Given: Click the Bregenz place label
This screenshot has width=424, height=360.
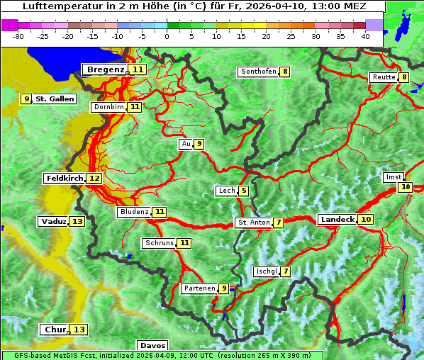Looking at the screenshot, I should pyautogui.click(x=106, y=69).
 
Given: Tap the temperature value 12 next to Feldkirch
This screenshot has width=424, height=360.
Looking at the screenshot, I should pyautogui.click(x=94, y=179).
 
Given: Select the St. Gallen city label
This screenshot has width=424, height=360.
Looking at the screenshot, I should pyautogui.click(x=55, y=99).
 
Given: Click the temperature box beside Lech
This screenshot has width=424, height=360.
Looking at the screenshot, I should pyautogui.click(x=243, y=191).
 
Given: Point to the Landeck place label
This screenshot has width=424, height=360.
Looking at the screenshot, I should pyautogui.click(x=337, y=220).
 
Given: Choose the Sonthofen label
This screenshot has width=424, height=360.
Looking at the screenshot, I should pyautogui.click(x=258, y=72).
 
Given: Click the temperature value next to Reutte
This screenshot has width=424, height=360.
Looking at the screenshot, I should pyautogui.click(x=403, y=77).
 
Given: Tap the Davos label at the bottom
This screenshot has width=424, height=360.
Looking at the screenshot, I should pyautogui.click(x=152, y=345).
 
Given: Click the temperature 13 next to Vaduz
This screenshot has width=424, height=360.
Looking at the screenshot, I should pyautogui.click(x=77, y=222).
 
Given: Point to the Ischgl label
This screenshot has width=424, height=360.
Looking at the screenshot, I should pyautogui.click(x=266, y=271).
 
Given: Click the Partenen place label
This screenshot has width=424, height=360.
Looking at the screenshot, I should pyautogui.click(x=199, y=288).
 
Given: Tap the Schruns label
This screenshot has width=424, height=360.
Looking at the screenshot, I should pyautogui.click(x=159, y=243).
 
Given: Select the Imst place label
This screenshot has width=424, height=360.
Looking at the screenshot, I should pyautogui.click(x=393, y=177).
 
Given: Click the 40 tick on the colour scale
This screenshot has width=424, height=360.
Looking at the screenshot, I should pyautogui.click(x=365, y=36).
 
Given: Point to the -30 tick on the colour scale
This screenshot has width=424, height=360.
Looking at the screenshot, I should pyautogui.click(x=18, y=36).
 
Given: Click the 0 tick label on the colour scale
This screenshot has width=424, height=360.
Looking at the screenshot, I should pyautogui.click(x=167, y=36).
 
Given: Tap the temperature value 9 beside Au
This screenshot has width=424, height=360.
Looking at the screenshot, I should pyautogui.click(x=199, y=145).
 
